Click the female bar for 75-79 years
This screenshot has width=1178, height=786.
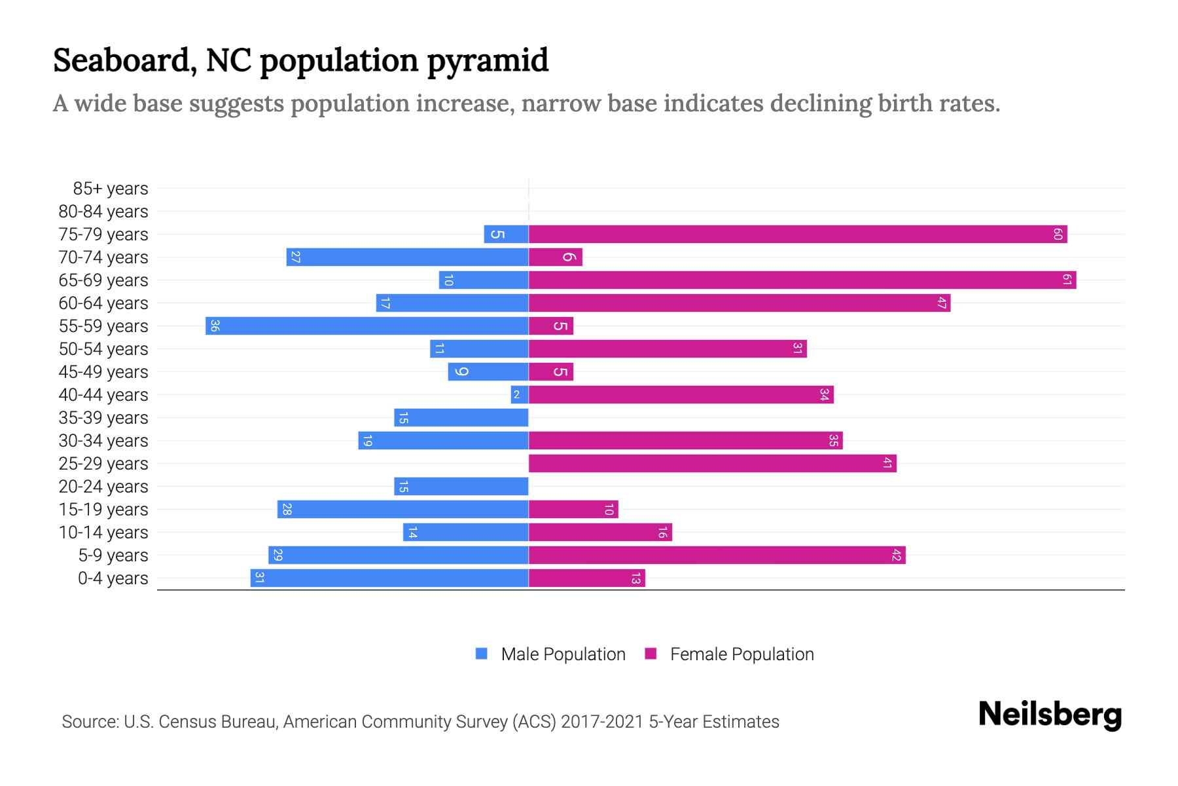(x=797, y=234)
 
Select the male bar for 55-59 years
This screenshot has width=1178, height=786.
(x=366, y=326)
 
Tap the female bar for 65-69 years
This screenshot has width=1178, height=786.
(x=802, y=280)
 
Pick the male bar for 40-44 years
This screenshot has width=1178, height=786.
(x=519, y=394)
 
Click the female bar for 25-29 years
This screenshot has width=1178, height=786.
(x=712, y=463)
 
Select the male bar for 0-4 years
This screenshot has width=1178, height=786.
(x=389, y=578)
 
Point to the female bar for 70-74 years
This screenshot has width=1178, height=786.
(x=555, y=257)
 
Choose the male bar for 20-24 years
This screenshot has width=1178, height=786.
(x=461, y=486)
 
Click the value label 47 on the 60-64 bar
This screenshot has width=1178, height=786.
(x=942, y=303)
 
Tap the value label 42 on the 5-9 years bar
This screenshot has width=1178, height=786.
(x=897, y=555)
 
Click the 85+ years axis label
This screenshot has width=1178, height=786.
(x=111, y=189)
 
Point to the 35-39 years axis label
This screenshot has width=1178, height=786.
(x=103, y=418)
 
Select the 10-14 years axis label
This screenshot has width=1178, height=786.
(x=103, y=533)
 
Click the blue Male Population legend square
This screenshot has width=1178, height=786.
(x=482, y=654)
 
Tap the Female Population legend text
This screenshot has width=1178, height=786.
(x=741, y=654)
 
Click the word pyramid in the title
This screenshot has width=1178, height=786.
(x=488, y=60)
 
